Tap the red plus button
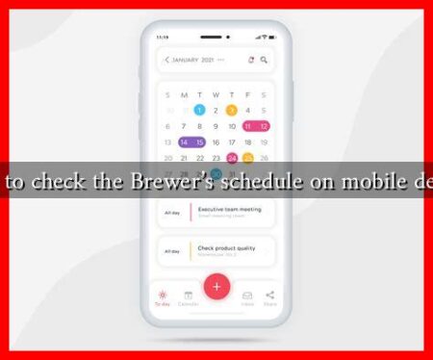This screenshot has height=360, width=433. (x=216, y=286)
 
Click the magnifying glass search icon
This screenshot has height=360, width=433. (x=264, y=60)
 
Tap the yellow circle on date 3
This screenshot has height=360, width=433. (x=232, y=110)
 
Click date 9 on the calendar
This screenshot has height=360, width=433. (x=216, y=126)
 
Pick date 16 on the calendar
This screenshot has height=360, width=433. (x=216, y=141)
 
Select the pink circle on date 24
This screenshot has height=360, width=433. (x=232, y=158)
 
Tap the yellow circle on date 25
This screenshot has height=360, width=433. (x=247, y=158)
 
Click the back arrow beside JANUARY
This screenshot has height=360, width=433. (x=167, y=60)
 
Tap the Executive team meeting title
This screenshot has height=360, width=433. (x=228, y=208)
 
